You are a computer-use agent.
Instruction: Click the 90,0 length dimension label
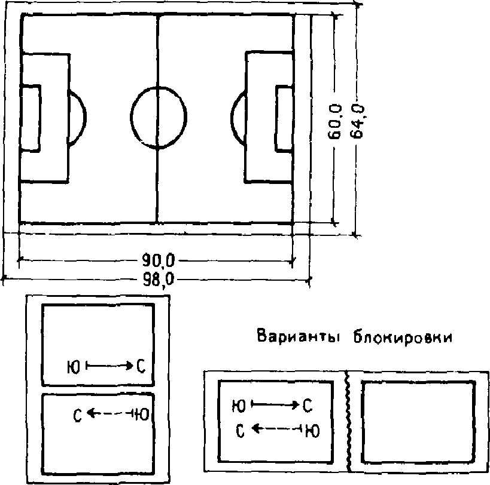pyautogui.click(x=159, y=260)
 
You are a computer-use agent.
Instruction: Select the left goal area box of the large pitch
pyautogui.click(x=31, y=118)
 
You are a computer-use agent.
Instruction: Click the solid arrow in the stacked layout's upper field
pyautogui.click(x=110, y=364)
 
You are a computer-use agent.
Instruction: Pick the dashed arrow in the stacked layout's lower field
pyautogui.click(x=109, y=413)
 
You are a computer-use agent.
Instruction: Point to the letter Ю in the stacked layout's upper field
pyautogui.click(x=74, y=365)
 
